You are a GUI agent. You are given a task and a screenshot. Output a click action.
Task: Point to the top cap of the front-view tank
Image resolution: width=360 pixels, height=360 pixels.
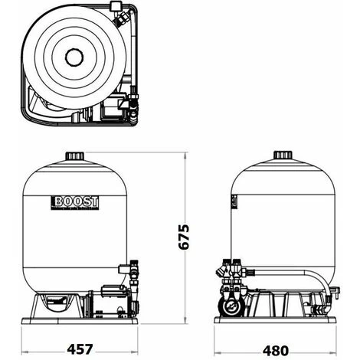pos(75,157)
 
